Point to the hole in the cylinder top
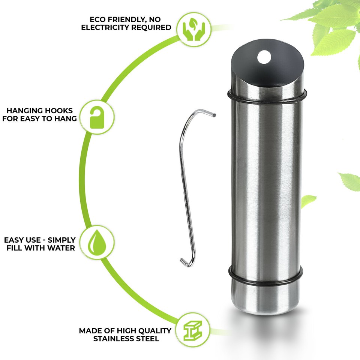pos(264,57)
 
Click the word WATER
pos(61,248)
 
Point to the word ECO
pos(98,19)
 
